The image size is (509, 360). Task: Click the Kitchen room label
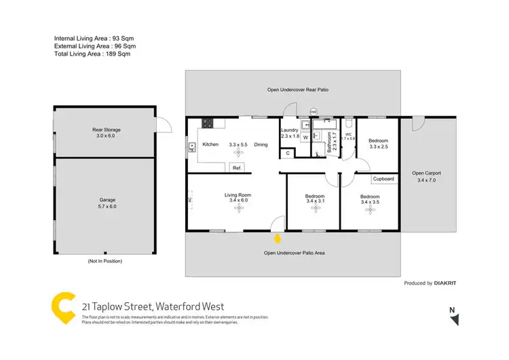[209, 145]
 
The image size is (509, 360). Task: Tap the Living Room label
[238, 195]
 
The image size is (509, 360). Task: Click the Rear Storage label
[107, 129]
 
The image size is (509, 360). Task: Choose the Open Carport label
[427, 173]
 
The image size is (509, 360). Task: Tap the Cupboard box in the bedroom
[383, 179]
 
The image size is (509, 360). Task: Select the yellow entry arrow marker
[277, 238]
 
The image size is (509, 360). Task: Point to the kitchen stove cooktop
[207, 124]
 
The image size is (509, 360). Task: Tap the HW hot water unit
[314, 111]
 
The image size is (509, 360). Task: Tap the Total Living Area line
[92, 54]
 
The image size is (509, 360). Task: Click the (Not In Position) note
[105, 262]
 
